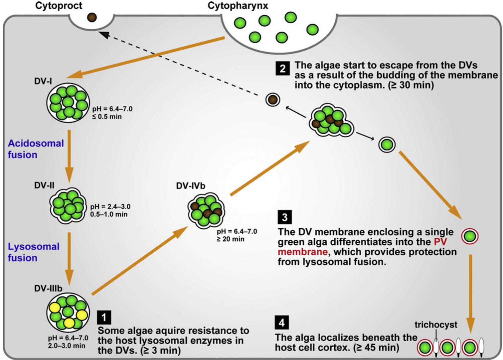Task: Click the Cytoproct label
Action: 59,6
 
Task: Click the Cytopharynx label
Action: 238,6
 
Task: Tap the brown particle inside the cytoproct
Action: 92,17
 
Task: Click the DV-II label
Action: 44,185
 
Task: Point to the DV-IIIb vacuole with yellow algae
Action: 68,311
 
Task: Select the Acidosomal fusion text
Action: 36,149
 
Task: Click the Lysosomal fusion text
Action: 34,252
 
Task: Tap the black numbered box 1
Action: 104,318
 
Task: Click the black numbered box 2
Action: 282,68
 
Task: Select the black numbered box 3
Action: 284,217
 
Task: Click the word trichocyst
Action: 435,324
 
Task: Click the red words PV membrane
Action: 363,247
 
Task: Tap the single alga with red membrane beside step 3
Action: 469,237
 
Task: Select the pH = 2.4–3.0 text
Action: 110,207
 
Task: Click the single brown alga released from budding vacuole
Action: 272,99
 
